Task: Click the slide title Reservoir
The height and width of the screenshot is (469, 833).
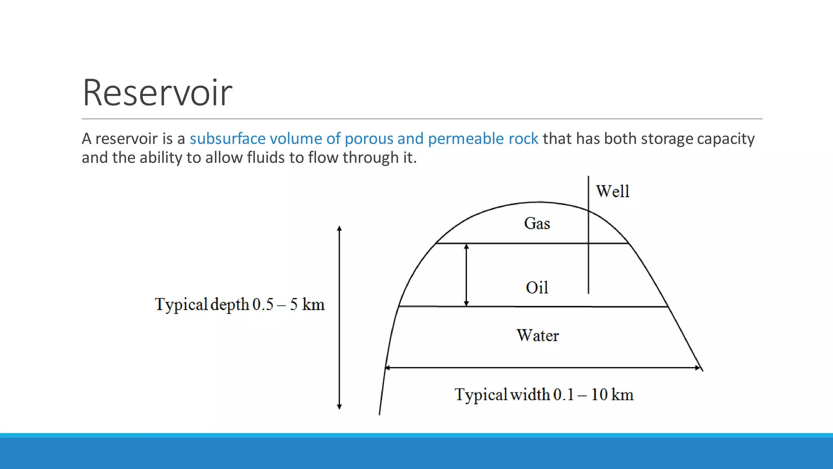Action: [x=157, y=93]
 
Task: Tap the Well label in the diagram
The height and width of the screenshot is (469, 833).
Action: [x=613, y=191]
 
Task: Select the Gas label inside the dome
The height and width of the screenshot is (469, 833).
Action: [x=537, y=224]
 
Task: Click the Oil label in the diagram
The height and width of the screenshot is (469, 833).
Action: [x=537, y=288]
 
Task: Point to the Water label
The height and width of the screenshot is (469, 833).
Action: [x=538, y=335]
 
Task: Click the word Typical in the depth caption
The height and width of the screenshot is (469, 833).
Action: [x=181, y=305]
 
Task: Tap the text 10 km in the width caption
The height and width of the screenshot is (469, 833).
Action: [x=612, y=394]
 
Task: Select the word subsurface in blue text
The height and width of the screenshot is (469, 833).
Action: [x=227, y=139]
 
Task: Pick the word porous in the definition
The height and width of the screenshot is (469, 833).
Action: [x=369, y=139]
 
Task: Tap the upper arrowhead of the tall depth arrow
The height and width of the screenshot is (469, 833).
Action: [x=339, y=229]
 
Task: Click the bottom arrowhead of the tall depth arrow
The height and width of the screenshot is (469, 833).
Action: [x=339, y=406]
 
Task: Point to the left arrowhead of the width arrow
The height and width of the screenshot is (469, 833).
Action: [x=388, y=368]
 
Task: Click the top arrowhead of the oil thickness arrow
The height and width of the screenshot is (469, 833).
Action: [x=467, y=247]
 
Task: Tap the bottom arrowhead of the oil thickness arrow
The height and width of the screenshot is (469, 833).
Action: [x=467, y=303]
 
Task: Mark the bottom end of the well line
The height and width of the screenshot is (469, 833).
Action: [x=588, y=292]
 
